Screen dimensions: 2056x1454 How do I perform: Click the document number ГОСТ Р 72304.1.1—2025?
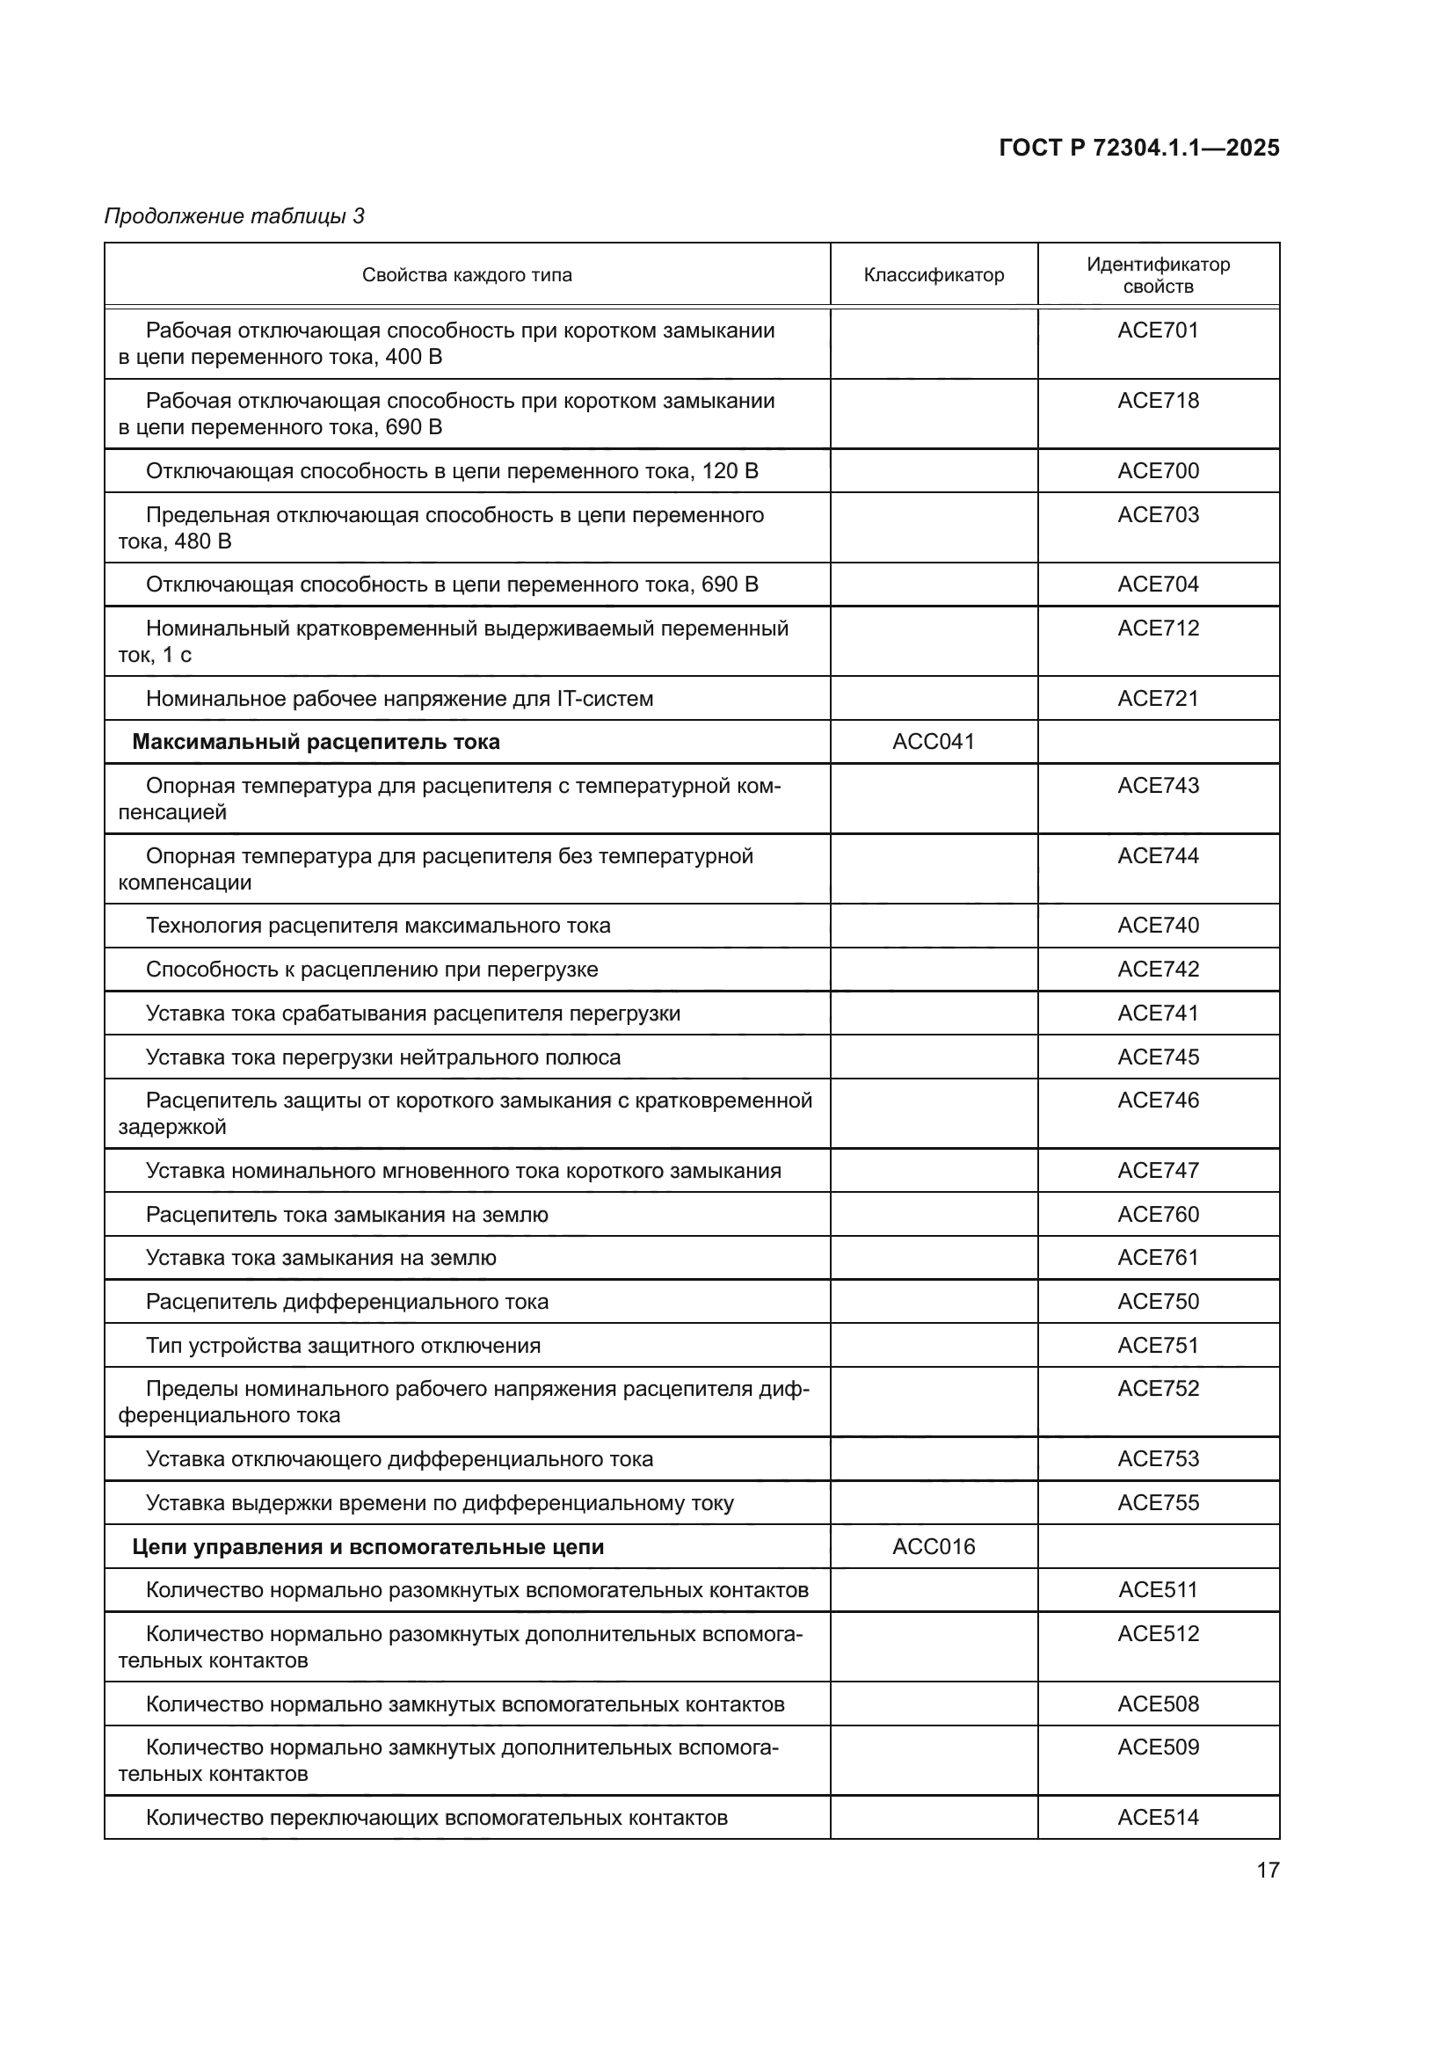point(1138,148)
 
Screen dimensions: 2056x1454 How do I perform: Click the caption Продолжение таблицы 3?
point(235,216)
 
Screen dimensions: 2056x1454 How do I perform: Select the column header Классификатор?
point(933,275)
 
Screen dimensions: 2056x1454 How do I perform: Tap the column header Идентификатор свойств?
point(1158,275)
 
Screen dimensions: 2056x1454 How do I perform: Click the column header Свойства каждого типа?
point(467,275)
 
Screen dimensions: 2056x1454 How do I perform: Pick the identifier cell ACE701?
point(1158,331)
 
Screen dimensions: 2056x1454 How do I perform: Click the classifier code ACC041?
point(933,742)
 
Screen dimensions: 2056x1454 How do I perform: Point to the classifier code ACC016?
point(933,1546)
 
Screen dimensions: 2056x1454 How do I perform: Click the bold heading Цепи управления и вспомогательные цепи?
point(368,1546)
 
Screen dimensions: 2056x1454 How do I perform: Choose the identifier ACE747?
point(1158,1170)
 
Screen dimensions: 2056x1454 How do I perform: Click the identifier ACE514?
point(1158,1817)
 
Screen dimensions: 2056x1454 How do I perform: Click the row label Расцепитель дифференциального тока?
point(346,1301)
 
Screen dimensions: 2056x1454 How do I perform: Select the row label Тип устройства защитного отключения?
point(343,1345)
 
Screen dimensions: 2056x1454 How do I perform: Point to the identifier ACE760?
point(1158,1214)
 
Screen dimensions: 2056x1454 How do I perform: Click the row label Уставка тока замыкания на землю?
point(321,1257)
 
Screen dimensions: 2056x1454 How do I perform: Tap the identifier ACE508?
point(1158,1704)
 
